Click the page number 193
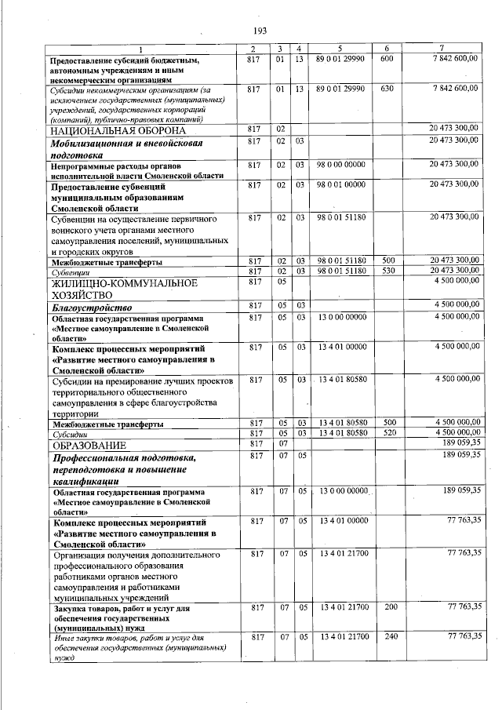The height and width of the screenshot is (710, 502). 260,31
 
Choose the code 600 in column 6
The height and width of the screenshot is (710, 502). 386,60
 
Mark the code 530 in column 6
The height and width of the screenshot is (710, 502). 386,271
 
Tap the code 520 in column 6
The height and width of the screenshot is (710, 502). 386,433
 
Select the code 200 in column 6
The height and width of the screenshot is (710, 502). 386,607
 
